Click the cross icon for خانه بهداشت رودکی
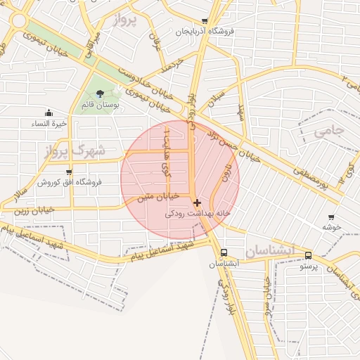[x=197, y=202]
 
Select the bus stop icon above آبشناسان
[x=224, y=252]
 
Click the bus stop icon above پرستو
[x=309, y=255]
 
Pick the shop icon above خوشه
[x=331, y=217]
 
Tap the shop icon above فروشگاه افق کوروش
[x=68, y=172]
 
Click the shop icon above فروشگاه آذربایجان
[x=205, y=21]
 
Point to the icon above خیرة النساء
[x=48, y=112]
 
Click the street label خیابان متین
[x=154, y=197]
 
